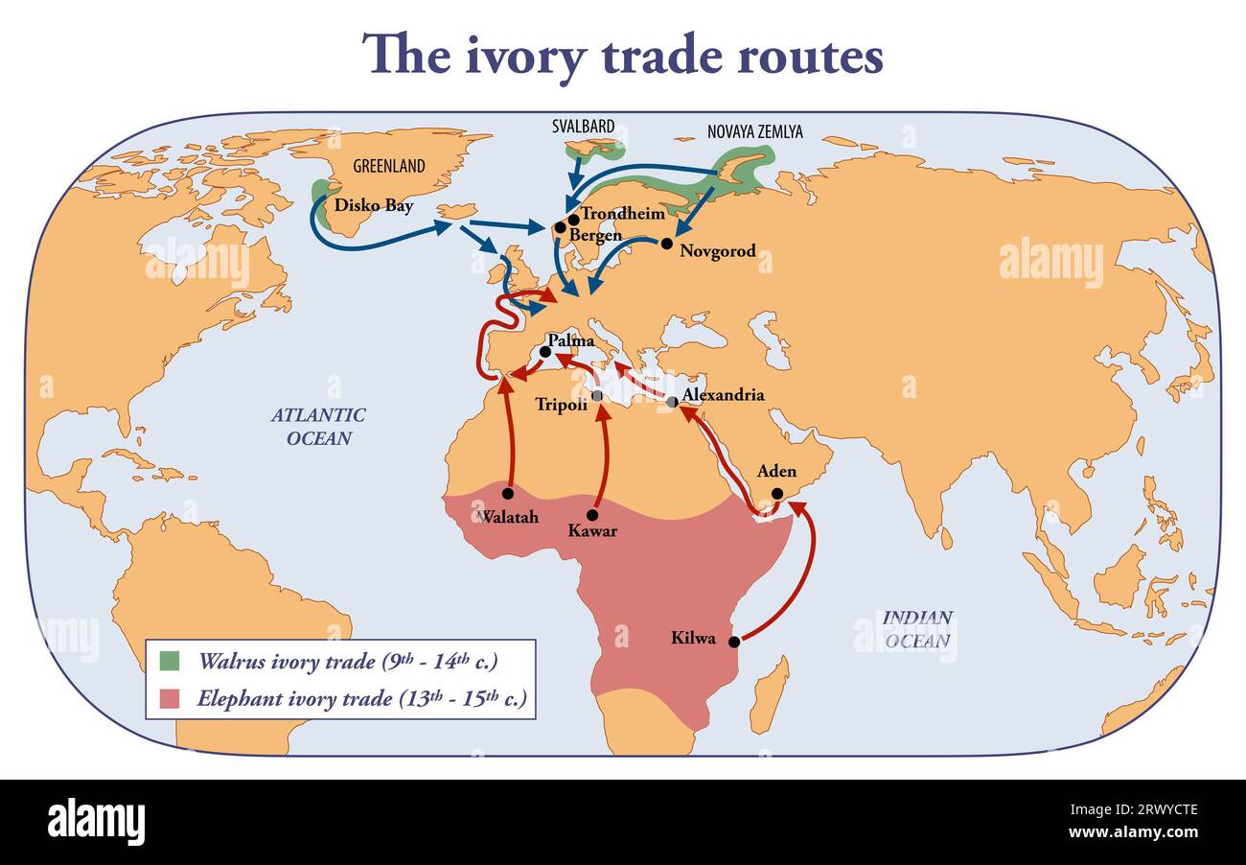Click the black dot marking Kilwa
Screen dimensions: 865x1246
[x=734, y=642]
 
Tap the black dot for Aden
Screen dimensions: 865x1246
[x=777, y=494]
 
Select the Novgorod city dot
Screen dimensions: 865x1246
[x=667, y=244]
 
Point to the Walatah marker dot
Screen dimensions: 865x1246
[x=508, y=494]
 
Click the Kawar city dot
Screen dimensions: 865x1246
[x=592, y=515]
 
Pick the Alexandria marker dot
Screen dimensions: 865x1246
[x=672, y=402]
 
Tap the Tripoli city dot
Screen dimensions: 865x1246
[x=597, y=395]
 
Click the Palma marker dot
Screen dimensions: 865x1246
[x=545, y=352]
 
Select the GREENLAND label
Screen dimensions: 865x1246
[x=388, y=166]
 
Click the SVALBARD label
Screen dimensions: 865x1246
[x=583, y=127]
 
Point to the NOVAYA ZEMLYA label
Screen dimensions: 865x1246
[x=754, y=132]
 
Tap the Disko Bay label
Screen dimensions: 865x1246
[x=374, y=205]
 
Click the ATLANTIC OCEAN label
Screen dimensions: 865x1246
[x=317, y=427]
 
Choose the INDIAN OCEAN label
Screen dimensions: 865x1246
[x=917, y=629]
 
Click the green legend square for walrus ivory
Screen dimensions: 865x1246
[x=170, y=661]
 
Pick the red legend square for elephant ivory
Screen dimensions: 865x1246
[x=170, y=697]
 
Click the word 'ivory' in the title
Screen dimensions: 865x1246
[x=526, y=56]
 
